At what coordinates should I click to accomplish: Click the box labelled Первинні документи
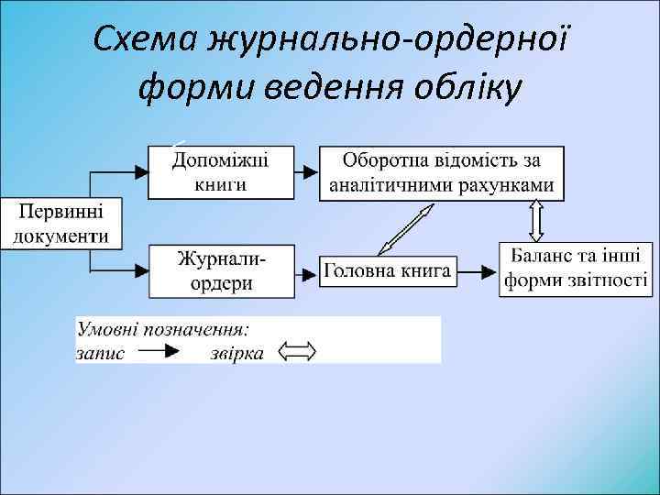[x=61, y=222]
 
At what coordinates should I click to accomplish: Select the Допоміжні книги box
[x=221, y=171]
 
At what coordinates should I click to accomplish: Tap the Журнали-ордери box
[x=221, y=270]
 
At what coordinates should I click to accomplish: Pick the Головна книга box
[x=386, y=270]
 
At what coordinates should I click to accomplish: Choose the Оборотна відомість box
[x=442, y=172]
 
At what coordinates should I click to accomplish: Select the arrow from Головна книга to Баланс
[x=477, y=271]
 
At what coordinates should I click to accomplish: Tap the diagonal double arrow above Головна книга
[x=406, y=229]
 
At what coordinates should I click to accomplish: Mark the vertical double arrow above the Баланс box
[x=536, y=221]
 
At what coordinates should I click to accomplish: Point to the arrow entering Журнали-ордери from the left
[x=128, y=271]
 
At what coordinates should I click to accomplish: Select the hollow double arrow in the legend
[x=297, y=351]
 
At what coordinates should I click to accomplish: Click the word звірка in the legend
[x=236, y=352]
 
